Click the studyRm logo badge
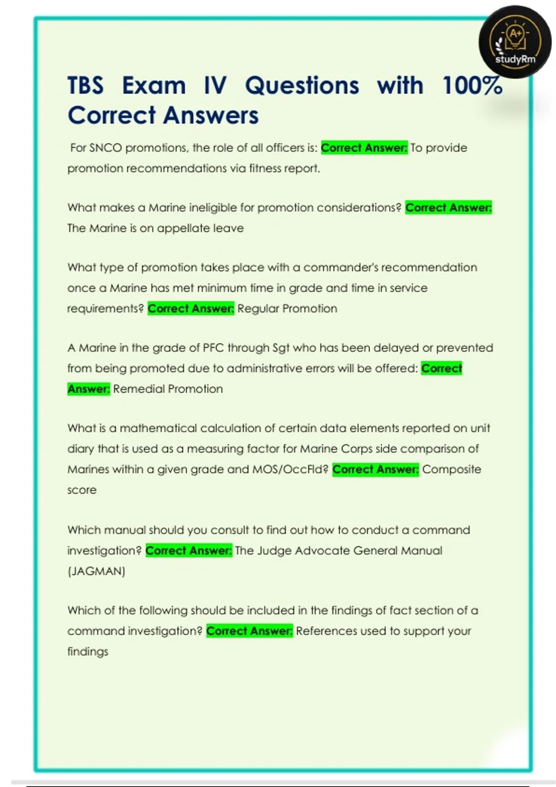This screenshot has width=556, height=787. (x=515, y=42)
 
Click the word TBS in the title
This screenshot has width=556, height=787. (x=86, y=86)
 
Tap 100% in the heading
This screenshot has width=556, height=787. (x=472, y=86)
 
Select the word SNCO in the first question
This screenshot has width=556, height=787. (x=105, y=148)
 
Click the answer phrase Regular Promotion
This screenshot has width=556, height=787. (x=287, y=309)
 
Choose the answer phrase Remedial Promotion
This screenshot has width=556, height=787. (x=168, y=389)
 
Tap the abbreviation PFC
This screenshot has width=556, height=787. (x=213, y=348)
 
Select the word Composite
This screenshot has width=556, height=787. (x=452, y=469)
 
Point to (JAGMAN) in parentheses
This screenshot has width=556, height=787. (x=96, y=571)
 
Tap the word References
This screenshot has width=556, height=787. (x=327, y=631)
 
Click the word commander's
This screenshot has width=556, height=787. (x=341, y=268)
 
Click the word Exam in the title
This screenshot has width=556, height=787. (x=154, y=86)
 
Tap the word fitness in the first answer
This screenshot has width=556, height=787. (x=265, y=169)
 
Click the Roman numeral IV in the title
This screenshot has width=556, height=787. (x=215, y=86)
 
